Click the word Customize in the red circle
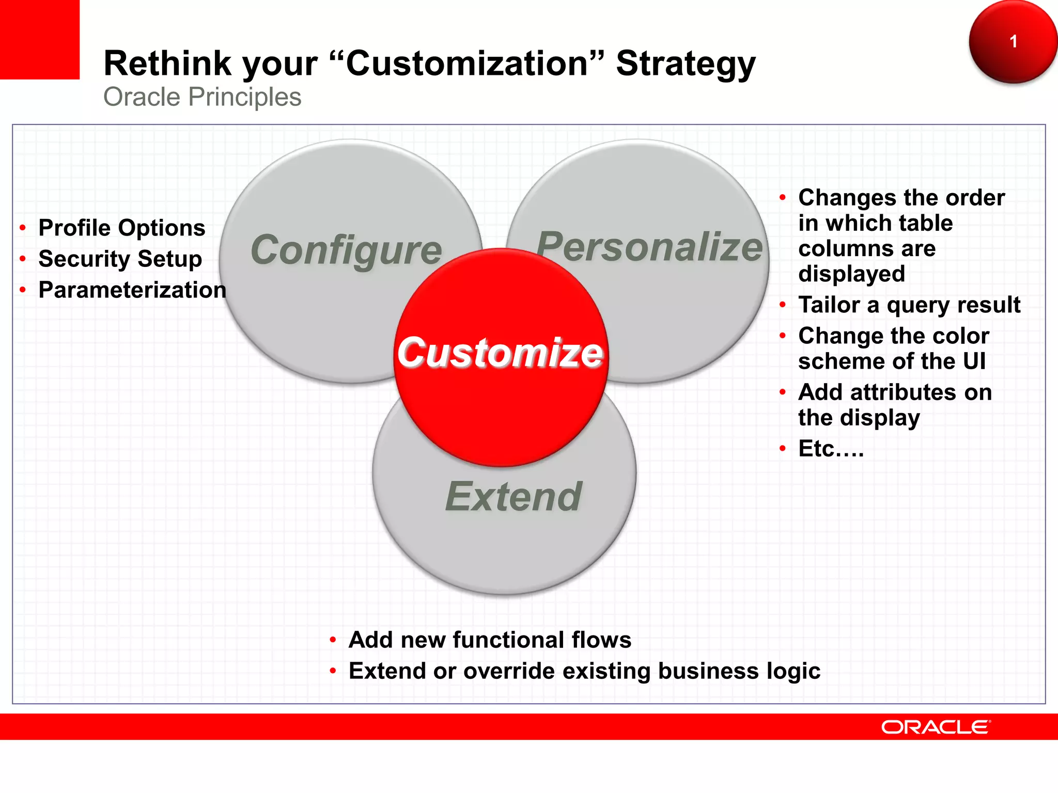500,353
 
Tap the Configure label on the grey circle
346,250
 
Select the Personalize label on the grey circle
649,246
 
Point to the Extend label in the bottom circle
514,496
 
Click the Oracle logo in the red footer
936,727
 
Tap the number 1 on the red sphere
1013,41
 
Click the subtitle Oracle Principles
202,97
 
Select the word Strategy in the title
686,64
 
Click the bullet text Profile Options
122,228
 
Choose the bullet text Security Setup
120,259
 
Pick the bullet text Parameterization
132,290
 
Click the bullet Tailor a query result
909,305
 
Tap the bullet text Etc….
831,448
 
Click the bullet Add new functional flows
490,640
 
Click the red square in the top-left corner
39,39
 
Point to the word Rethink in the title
167,64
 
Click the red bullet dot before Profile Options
23,228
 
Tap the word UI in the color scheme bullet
974,361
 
